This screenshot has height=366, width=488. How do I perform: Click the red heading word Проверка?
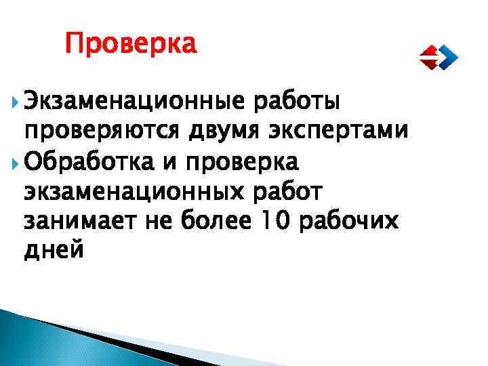[x=131, y=45]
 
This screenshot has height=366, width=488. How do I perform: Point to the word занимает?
[x=81, y=221]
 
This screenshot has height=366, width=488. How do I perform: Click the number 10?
[x=285, y=221]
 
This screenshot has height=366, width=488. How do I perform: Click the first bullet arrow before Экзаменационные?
[x=15, y=102]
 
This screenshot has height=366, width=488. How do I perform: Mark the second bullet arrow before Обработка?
[x=15, y=162]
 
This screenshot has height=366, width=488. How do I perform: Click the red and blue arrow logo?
[x=437, y=57]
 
